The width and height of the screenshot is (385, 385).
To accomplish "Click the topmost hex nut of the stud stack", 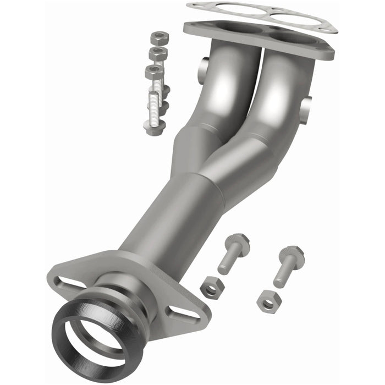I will click(x=158, y=38).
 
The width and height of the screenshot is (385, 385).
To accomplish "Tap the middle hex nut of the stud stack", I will click(x=158, y=54).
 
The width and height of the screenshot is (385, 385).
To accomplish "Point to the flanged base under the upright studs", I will click(x=155, y=127).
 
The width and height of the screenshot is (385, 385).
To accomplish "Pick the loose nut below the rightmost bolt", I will click(x=268, y=300).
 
